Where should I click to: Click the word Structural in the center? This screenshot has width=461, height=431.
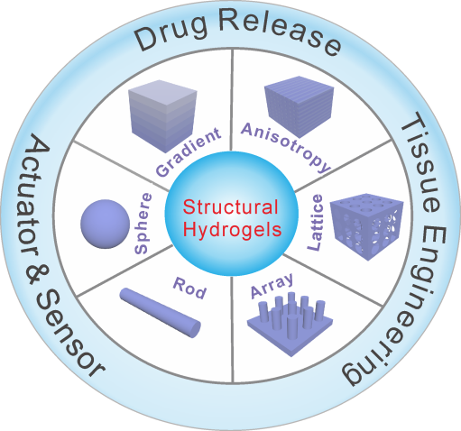tap(230, 207)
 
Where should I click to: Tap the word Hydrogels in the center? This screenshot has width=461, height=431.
tap(232, 229)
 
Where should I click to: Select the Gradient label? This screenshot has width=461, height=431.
tap(189, 151)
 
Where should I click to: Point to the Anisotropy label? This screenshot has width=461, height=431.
tap(286, 147)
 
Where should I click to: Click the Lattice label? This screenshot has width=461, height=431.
tap(315, 223)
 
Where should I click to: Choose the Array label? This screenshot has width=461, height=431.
tap(272, 285)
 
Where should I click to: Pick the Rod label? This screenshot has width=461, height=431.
tap(189, 288)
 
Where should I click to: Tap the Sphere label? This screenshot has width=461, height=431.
tap(143, 224)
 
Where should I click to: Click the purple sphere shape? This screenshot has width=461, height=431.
tap(106, 224)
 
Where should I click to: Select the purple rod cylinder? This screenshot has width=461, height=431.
tap(161, 313)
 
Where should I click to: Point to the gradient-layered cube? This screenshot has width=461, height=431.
tap(162, 116)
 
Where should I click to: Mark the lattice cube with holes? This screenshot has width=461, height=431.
tap(367, 226)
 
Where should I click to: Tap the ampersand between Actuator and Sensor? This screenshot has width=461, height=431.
tap(37, 276)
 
